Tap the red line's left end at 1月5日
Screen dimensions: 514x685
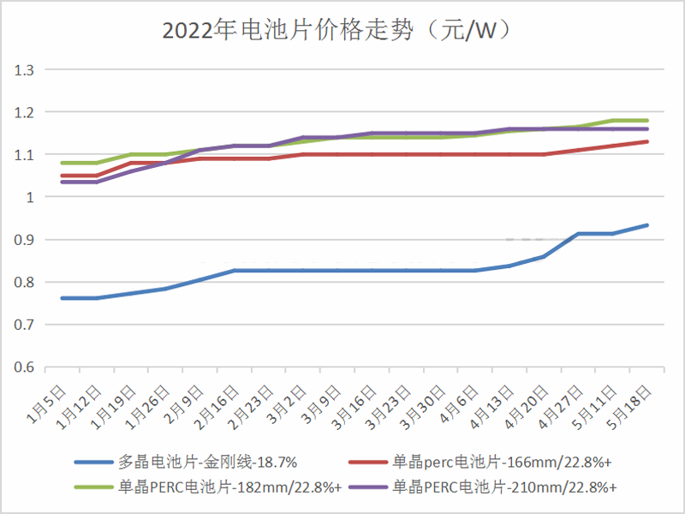coord(61,176)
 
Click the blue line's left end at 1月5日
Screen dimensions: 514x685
coord(61,298)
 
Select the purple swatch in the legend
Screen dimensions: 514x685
coord(368,487)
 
